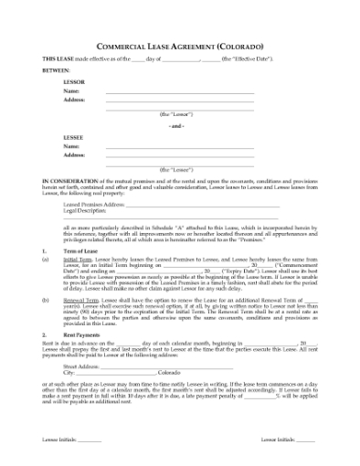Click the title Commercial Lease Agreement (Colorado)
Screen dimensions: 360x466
pyautogui.click(x=180, y=45)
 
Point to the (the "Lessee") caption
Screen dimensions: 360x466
pyautogui.click(x=177, y=170)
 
